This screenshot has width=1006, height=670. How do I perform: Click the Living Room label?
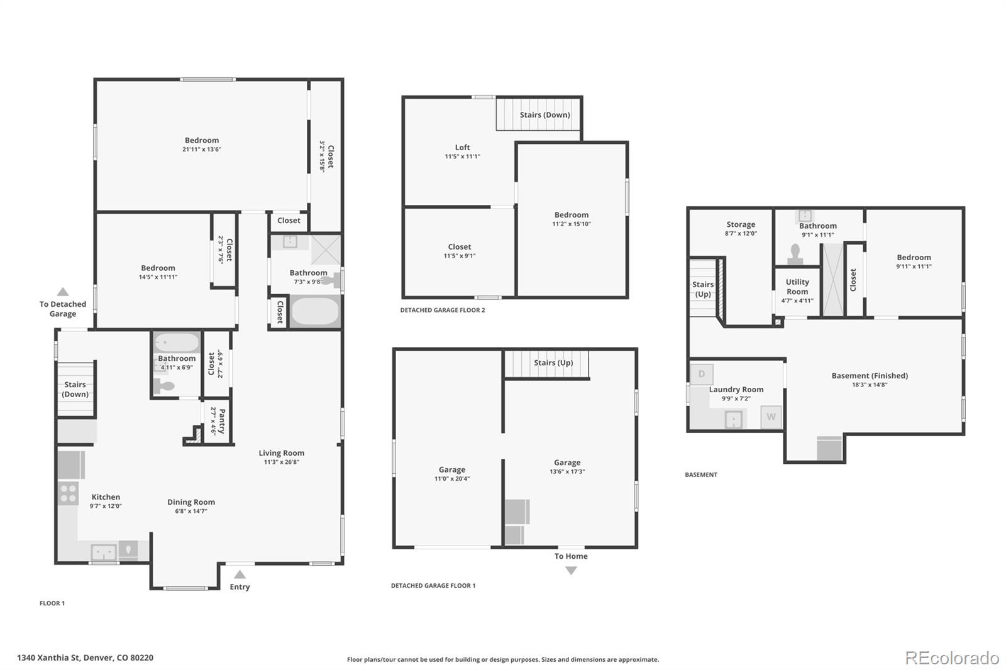click(x=281, y=453)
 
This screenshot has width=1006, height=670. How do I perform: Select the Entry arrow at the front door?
click(x=240, y=574)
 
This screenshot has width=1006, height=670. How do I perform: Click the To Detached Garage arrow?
click(x=63, y=292)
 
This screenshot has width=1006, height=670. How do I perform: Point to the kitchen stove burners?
click(x=68, y=493)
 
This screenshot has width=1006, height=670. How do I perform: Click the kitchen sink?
click(x=103, y=552)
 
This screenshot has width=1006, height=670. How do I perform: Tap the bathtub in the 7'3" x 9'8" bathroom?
click(x=315, y=312)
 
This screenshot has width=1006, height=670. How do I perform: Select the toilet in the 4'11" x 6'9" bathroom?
click(x=165, y=387)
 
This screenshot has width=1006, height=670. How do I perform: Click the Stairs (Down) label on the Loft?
click(x=544, y=115)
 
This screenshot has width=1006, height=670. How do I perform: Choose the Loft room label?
click(x=462, y=148)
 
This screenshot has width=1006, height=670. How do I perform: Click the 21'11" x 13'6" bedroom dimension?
click(x=202, y=150)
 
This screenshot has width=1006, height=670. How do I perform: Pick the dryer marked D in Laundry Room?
click(x=702, y=374)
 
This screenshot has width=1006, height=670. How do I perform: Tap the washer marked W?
click(x=771, y=417)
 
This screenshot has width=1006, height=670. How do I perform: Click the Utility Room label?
click(x=797, y=287)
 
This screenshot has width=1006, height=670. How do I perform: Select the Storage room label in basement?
click(x=741, y=224)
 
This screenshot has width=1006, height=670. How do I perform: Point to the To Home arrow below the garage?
click(x=571, y=571)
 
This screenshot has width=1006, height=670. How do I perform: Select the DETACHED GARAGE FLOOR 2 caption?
click(x=443, y=310)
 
